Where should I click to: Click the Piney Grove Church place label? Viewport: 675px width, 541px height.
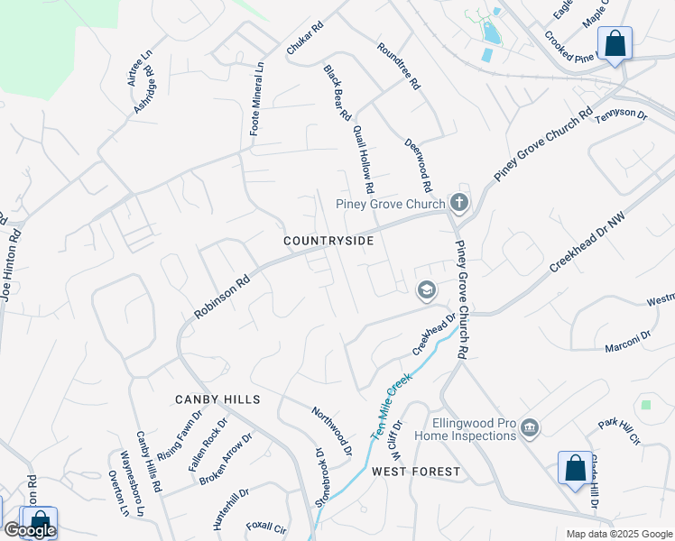pyautogui.click(x=390, y=204)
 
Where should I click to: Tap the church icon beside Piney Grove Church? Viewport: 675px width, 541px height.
pyautogui.click(x=459, y=202)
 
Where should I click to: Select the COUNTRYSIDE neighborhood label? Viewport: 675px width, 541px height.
pyautogui.click(x=328, y=242)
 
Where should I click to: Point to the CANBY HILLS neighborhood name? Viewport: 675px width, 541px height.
pyautogui.click(x=218, y=399)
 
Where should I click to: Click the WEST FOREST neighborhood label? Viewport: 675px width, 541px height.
pyautogui.click(x=415, y=472)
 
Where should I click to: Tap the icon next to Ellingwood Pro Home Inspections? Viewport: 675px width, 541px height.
pyautogui.click(x=530, y=427)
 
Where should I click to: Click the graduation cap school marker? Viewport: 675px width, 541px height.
pyautogui.click(x=425, y=290)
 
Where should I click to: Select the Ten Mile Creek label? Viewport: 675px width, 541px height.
pyautogui.click(x=390, y=406)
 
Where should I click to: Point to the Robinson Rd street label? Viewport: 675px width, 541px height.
pyautogui.click(x=222, y=297)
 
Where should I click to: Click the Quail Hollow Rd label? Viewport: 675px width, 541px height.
pyautogui.click(x=363, y=160)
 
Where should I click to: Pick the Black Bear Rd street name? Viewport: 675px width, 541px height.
pyautogui.click(x=337, y=93)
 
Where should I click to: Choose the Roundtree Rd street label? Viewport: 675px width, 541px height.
pyautogui.click(x=398, y=66)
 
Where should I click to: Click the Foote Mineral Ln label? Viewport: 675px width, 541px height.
pyautogui.click(x=256, y=98)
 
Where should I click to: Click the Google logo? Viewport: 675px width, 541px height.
pyautogui.click(x=30, y=530)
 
